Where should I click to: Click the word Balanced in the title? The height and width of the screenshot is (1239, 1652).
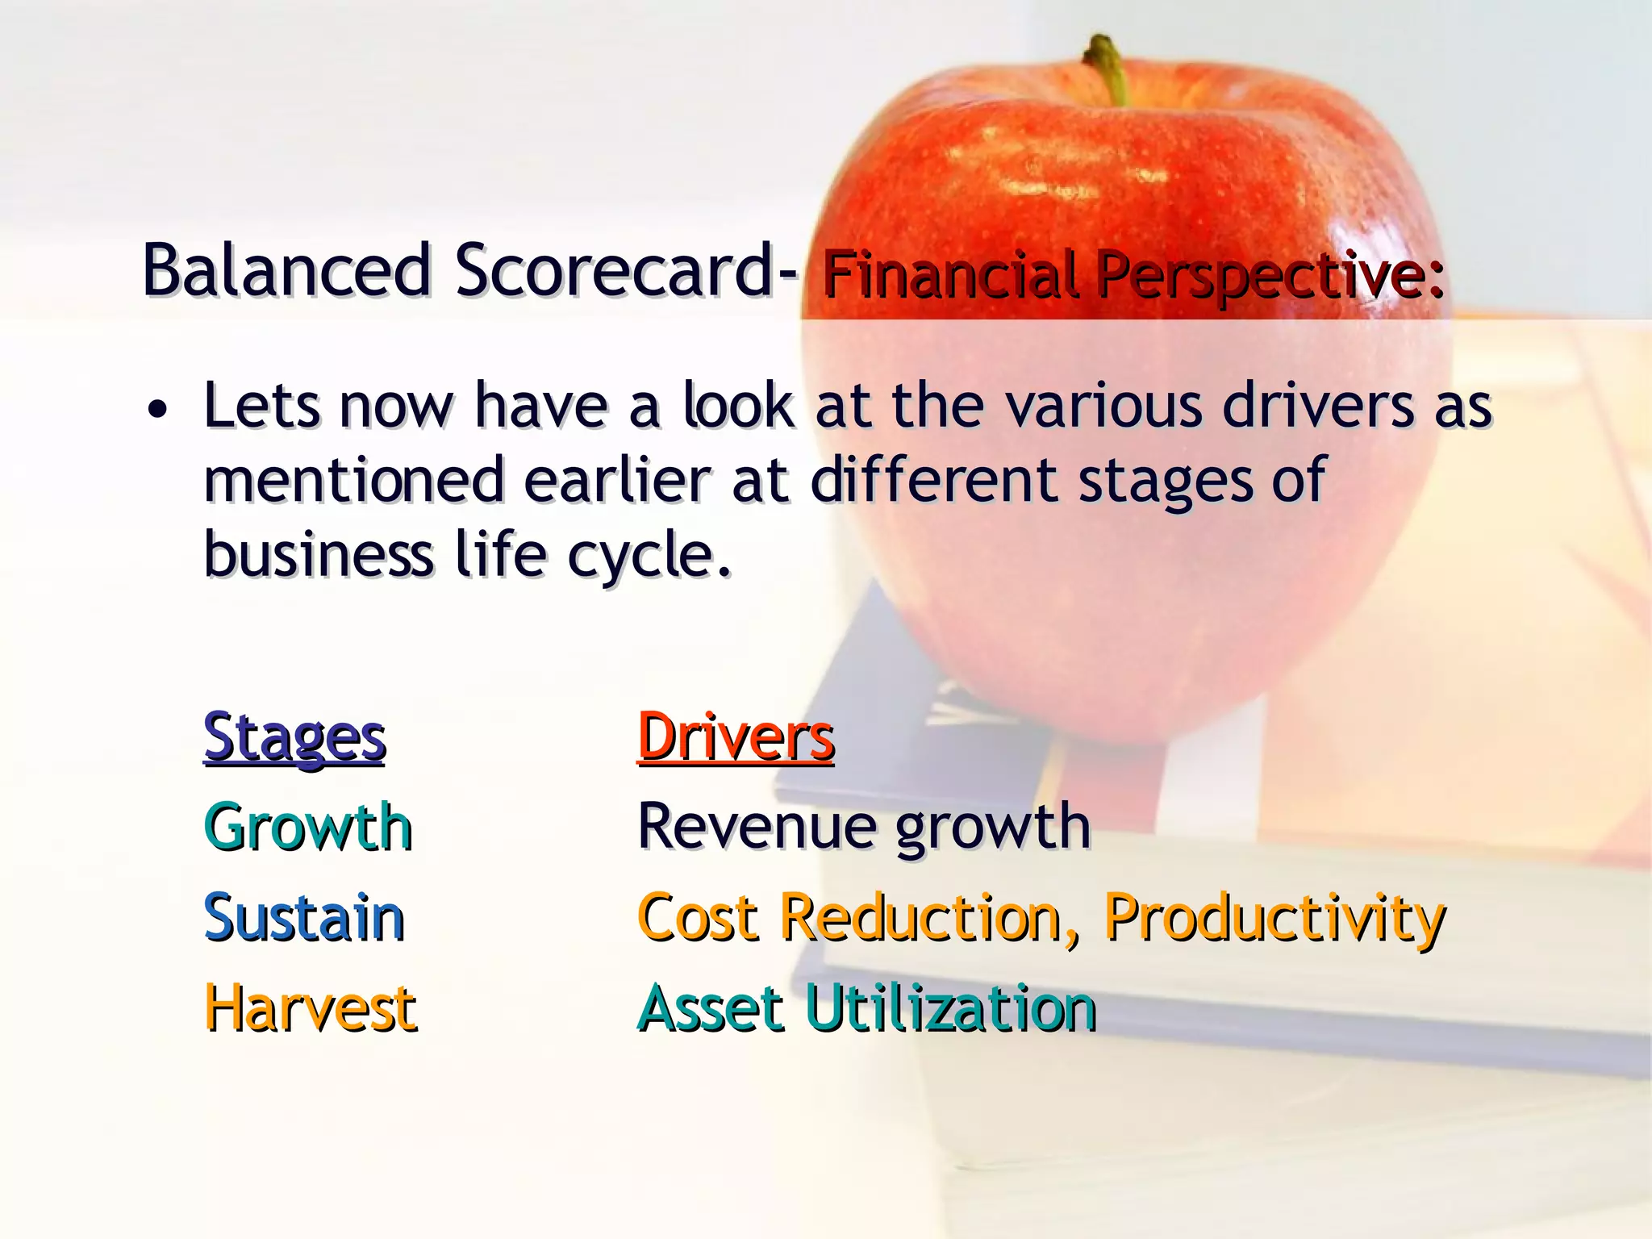(x=287, y=270)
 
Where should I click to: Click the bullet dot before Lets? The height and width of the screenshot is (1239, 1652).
(x=158, y=410)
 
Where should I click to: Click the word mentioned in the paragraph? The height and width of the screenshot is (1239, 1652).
(x=354, y=481)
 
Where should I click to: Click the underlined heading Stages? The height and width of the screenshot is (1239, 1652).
(x=294, y=737)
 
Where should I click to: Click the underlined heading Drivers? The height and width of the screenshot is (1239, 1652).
(x=736, y=737)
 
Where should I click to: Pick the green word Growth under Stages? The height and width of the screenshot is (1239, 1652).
(x=308, y=828)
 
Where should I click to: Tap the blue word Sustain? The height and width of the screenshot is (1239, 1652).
(x=304, y=919)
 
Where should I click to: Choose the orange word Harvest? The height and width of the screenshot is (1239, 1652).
(x=311, y=1009)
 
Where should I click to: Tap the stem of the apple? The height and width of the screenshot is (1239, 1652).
(x=1109, y=69)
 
